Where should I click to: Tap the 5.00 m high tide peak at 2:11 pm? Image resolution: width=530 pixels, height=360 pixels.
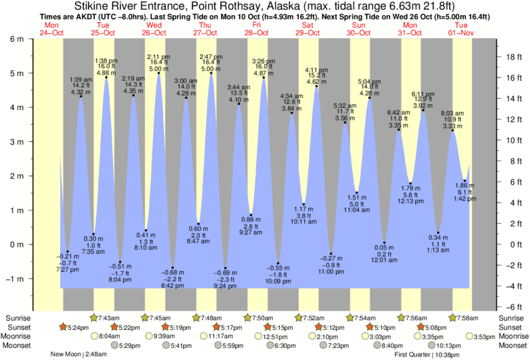[x=158, y=73]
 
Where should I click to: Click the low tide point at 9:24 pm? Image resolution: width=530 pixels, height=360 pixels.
[x=225, y=268]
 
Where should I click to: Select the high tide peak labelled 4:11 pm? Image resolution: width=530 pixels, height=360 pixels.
[x=316, y=86]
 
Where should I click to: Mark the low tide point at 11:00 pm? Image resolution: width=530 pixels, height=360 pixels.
[x=332, y=254]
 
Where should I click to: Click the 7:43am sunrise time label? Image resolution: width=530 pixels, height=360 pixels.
[x=109, y=318]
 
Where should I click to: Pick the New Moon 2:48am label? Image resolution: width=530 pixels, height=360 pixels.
[x=79, y=354]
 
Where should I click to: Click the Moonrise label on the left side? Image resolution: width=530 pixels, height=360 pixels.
[x=17, y=337]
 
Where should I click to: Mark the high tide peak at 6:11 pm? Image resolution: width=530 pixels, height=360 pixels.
[x=423, y=110]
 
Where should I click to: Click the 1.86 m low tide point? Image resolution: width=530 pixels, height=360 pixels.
[x=465, y=180]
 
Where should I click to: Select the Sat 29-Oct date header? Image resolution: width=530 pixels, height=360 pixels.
[x=309, y=27]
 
